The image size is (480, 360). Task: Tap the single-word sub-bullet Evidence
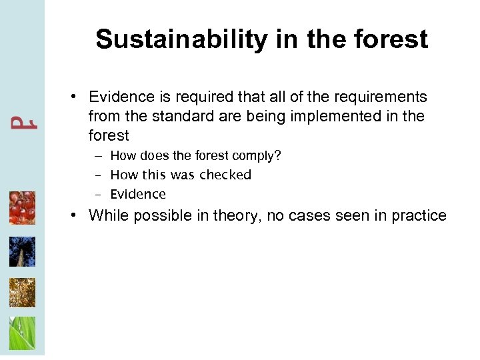click(138, 195)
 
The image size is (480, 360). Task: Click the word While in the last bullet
click(107, 215)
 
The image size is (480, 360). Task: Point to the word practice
click(419, 215)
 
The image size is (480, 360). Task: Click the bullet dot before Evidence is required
click(78, 97)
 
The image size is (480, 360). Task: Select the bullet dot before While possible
click(78, 215)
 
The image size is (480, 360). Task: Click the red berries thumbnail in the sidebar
click(22, 208)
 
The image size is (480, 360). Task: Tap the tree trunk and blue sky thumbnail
click(22, 251)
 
